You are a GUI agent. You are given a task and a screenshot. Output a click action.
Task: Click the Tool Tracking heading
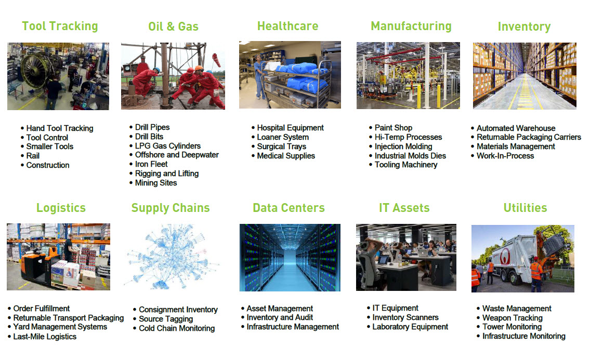point(60,26)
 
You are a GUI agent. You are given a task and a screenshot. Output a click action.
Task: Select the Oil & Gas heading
point(173,26)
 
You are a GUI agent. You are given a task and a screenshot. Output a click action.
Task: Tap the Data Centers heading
point(289,208)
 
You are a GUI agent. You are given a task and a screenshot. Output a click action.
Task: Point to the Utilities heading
point(525,208)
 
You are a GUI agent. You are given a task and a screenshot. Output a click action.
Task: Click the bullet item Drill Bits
point(149,137)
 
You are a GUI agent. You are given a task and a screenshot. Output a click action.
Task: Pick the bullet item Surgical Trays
point(281,146)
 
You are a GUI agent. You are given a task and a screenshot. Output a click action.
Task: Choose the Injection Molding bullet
point(403,146)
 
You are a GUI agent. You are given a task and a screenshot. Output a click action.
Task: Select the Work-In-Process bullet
point(505,156)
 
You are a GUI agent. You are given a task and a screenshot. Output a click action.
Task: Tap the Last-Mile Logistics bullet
point(45,337)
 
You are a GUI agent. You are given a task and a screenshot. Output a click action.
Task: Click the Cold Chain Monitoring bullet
point(177,328)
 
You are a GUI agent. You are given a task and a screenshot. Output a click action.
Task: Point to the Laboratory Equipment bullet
point(410,327)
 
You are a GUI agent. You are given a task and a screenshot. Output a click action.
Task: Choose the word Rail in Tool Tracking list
point(33,156)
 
